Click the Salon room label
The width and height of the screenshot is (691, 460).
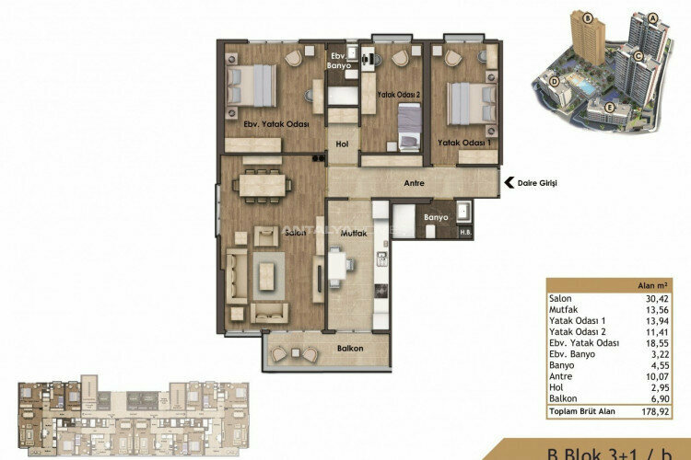(x=294, y=234)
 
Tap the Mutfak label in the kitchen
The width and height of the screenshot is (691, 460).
(x=354, y=234)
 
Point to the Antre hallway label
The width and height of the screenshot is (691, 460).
(x=414, y=184)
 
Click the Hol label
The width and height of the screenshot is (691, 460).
(x=341, y=144)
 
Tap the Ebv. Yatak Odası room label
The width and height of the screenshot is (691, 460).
(x=275, y=122)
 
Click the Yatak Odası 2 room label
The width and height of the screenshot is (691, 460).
(x=398, y=95)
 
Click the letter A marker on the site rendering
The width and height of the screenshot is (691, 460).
(x=651, y=17)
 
